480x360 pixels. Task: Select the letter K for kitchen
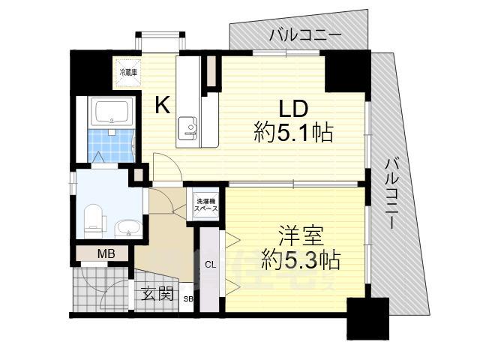(x=162, y=105)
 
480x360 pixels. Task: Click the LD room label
(x=293, y=106)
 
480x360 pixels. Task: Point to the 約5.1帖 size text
(x=293, y=134)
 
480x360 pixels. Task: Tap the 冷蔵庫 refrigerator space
(x=126, y=73)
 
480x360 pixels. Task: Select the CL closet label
(x=211, y=264)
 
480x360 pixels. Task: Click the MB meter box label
(x=105, y=254)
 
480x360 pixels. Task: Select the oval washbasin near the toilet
(x=127, y=226)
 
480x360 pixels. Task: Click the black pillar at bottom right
(x=367, y=318)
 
